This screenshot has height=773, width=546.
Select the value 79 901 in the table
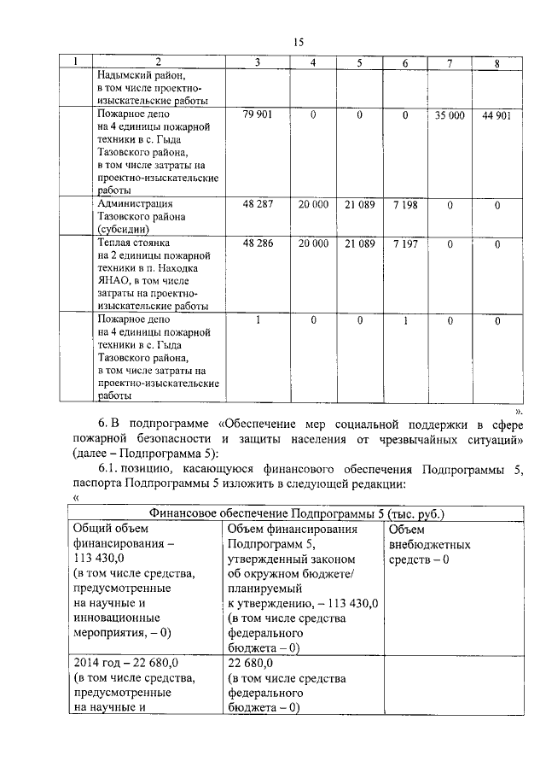point(257,114)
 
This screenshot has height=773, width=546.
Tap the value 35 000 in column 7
point(450,114)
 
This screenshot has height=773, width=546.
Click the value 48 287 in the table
point(257,204)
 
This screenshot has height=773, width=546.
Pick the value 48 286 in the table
point(257,243)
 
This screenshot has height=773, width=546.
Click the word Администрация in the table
point(135,204)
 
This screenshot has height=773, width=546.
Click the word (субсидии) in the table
point(123,229)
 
